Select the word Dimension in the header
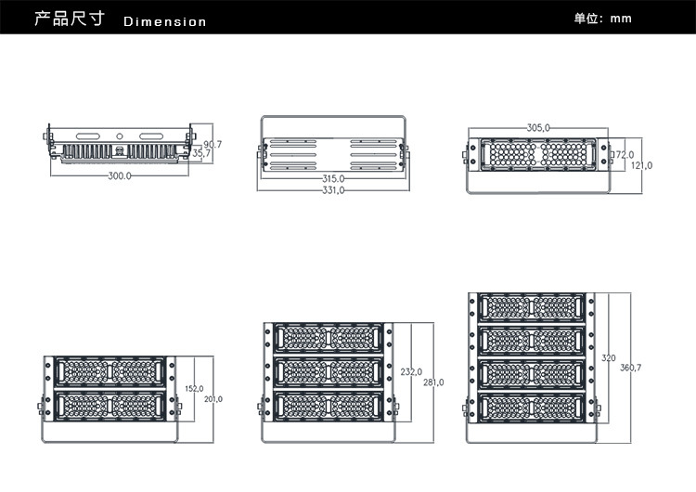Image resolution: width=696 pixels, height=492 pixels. click(164, 20)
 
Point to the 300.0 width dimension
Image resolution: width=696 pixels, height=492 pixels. click(120, 175)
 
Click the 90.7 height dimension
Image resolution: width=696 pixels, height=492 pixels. click(213, 144)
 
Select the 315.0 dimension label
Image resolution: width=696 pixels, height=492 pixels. click(333, 178)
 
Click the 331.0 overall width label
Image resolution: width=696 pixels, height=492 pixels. click(333, 190)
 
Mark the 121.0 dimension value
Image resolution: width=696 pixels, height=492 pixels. click(642, 165)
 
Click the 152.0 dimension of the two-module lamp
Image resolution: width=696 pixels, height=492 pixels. click(194, 389)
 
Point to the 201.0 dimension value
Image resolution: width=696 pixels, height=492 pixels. click(213, 399)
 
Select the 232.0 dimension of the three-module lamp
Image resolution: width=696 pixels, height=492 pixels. click(411, 371)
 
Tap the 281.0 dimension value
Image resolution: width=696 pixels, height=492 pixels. click(433, 382)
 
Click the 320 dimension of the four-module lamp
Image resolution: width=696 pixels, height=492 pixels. click(609, 357)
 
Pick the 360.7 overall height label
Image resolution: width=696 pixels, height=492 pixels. click(631, 369)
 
